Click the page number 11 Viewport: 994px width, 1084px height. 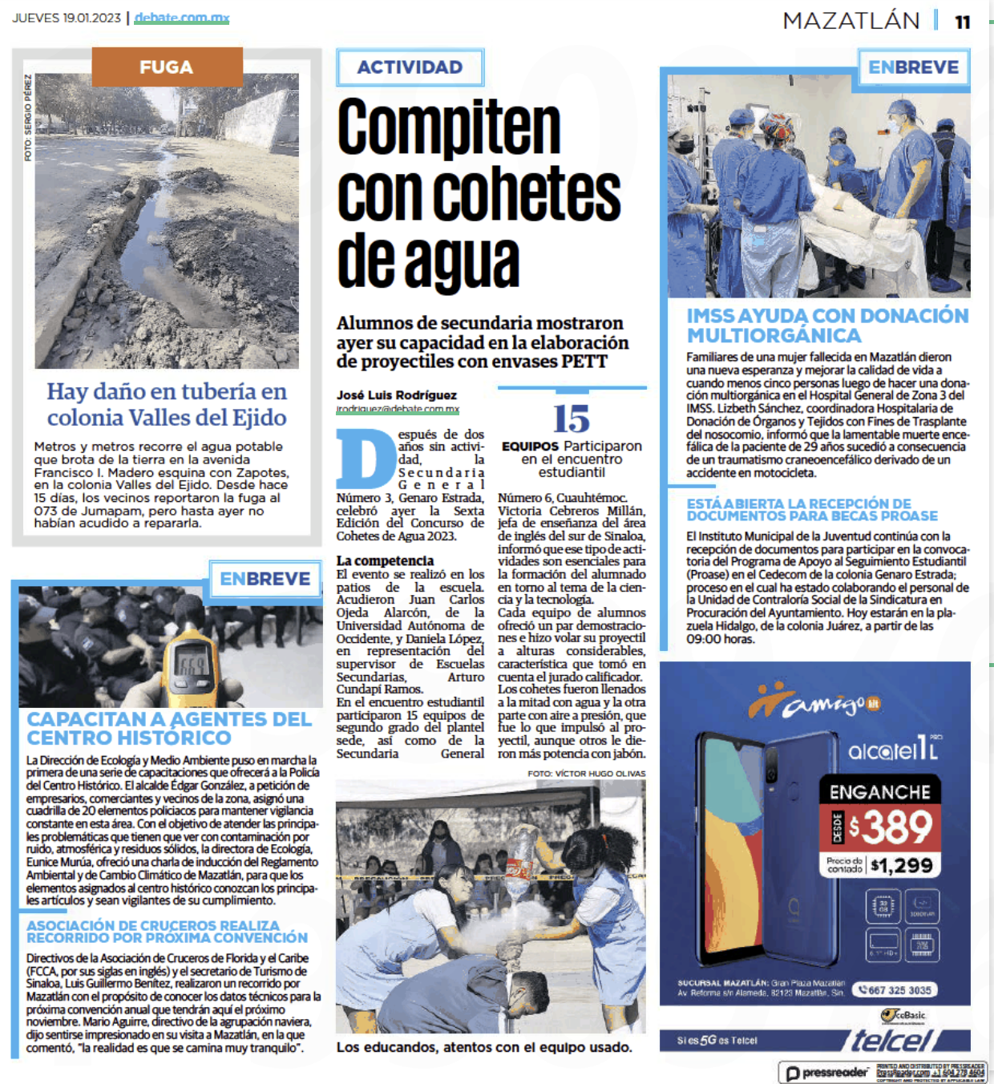[x=962, y=22]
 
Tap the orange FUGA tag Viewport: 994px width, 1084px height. [x=167, y=67]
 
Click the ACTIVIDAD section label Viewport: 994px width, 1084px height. [x=410, y=67]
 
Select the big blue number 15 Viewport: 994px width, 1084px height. [x=571, y=419]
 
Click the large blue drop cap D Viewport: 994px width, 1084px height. [x=366, y=459]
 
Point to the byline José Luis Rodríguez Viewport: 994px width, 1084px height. [x=396, y=394]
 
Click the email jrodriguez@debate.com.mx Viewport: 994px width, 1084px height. [x=398, y=409]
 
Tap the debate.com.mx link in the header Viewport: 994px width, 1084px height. [x=182, y=18]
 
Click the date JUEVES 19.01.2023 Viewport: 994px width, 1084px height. [x=67, y=18]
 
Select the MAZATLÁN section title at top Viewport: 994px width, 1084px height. [x=851, y=21]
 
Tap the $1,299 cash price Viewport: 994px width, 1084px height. [x=902, y=865]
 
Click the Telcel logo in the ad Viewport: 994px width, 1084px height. [x=891, y=1041]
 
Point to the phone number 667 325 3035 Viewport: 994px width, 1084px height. [x=895, y=990]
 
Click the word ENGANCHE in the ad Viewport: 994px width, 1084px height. [x=879, y=792]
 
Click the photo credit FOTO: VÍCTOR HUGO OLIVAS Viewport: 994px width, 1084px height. [x=586, y=774]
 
